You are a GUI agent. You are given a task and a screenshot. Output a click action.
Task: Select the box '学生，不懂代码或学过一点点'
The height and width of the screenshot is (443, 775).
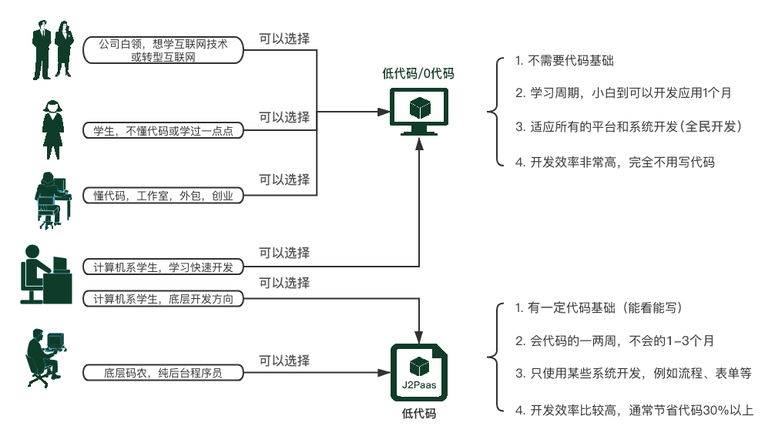[163, 131]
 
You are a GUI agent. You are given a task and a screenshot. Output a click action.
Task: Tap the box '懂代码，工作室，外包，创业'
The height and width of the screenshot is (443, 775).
[163, 196]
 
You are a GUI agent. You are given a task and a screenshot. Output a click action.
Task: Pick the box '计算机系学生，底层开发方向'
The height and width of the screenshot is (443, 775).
[163, 297]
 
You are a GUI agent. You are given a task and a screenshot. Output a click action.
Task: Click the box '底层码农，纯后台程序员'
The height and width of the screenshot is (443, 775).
[163, 373]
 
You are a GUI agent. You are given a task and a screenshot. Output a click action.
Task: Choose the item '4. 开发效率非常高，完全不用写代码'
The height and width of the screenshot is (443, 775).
[615, 162]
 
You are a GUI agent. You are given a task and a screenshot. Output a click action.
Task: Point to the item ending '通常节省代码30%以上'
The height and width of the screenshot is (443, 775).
[634, 410]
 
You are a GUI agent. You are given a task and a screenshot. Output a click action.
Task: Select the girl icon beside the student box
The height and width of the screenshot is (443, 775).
[52, 129]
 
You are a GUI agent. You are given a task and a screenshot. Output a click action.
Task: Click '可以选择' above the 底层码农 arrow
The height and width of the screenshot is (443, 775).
[284, 360]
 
